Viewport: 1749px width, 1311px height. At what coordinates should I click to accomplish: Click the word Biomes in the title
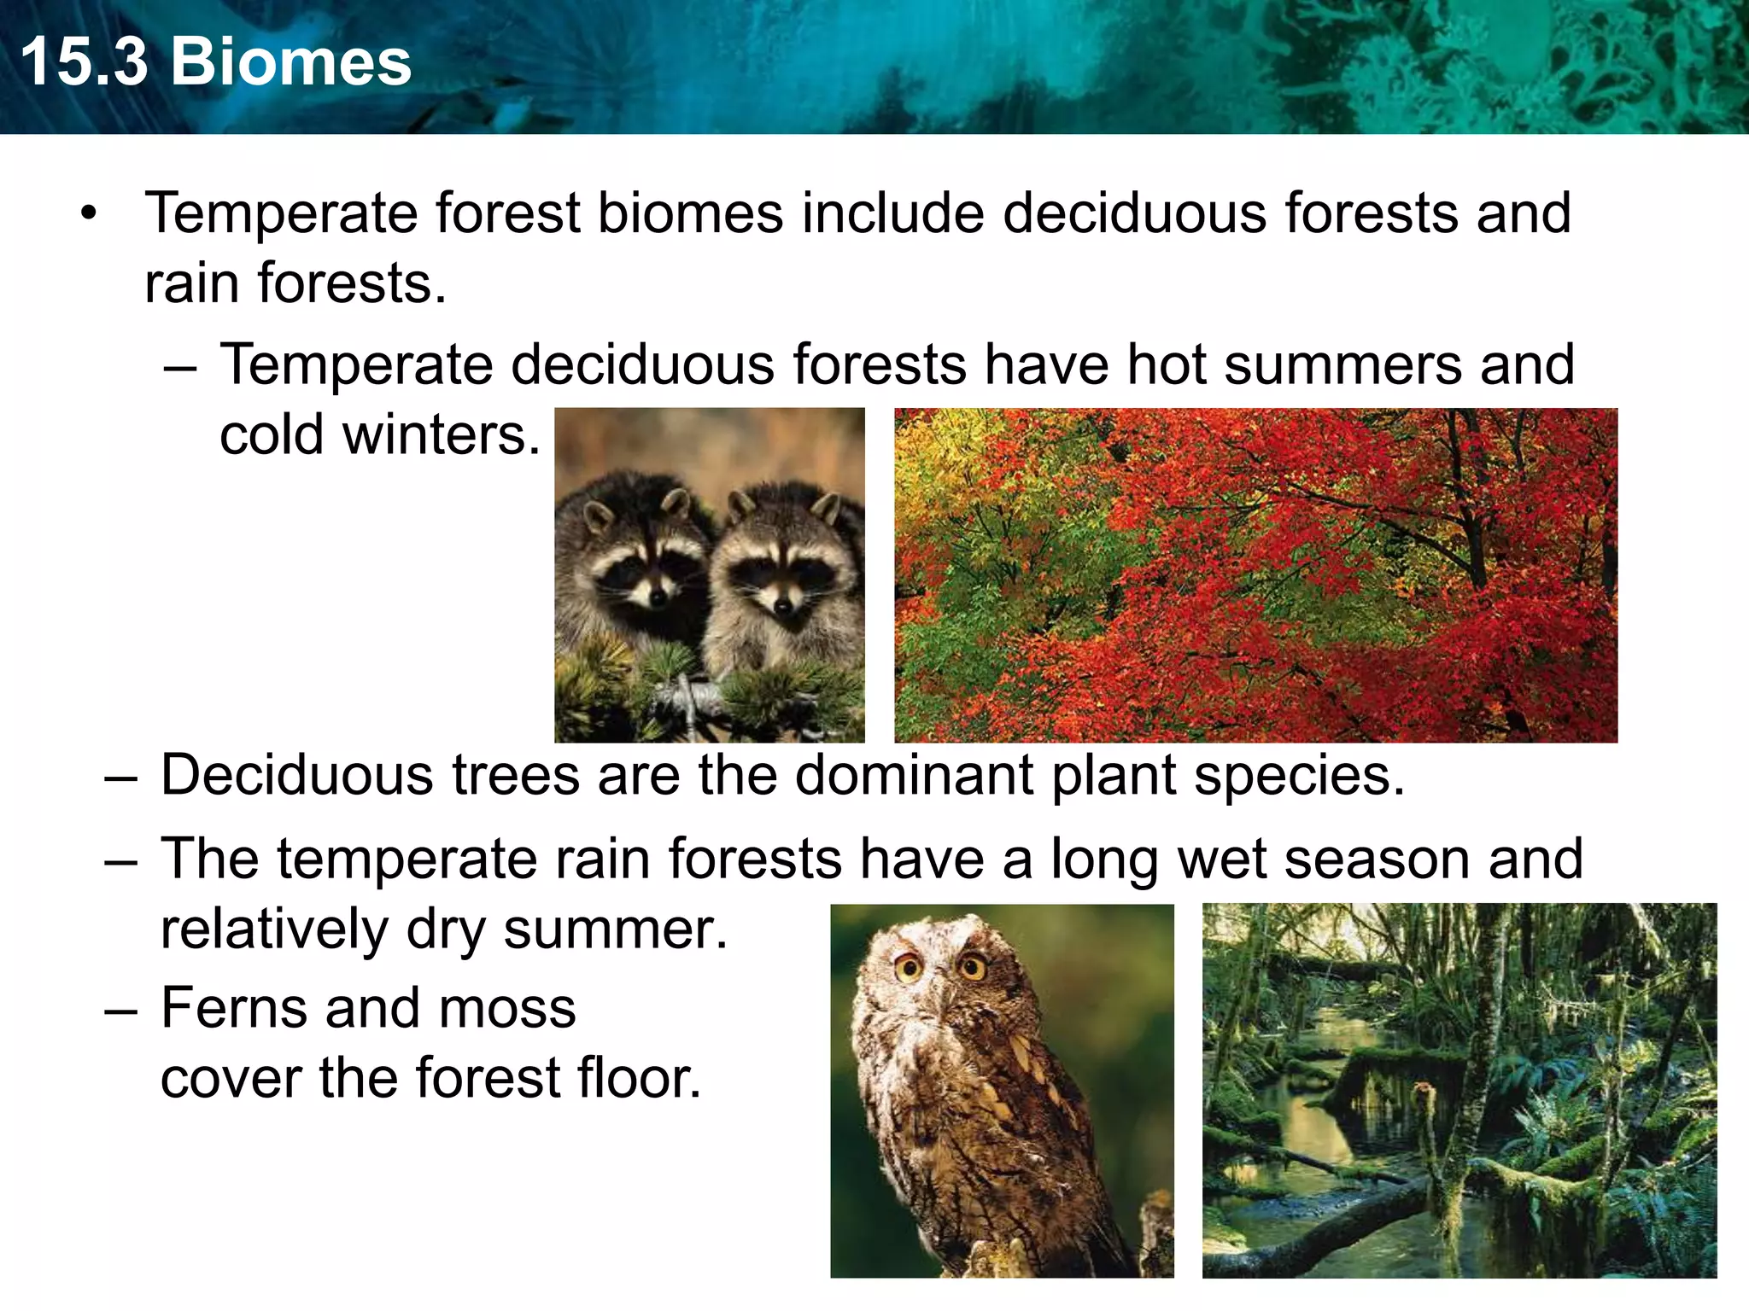click(291, 62)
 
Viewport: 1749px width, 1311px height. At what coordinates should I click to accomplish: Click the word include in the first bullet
click(892, 213)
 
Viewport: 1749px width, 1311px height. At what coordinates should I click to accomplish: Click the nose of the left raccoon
click(656, 596)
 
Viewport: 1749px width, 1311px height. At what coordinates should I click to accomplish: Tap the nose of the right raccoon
click(782, 607)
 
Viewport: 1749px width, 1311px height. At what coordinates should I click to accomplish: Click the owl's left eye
click(909, 968)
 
